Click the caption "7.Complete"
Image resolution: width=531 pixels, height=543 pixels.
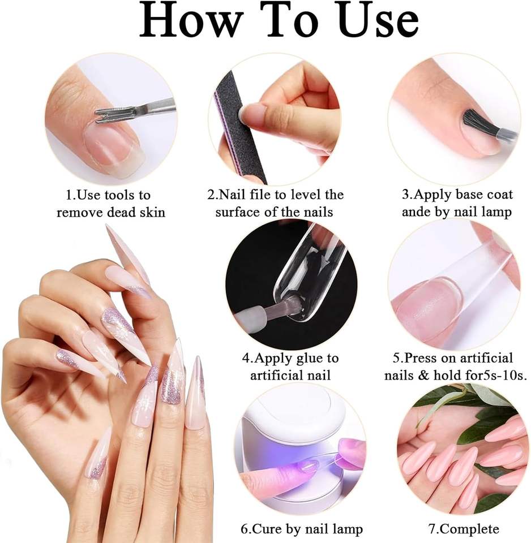tap(464, 529)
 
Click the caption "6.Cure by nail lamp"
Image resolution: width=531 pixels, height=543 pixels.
tap(302, 529)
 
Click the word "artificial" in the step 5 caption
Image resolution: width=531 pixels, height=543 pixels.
tap(482, 357)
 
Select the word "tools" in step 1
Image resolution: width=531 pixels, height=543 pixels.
tap(120, 195)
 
